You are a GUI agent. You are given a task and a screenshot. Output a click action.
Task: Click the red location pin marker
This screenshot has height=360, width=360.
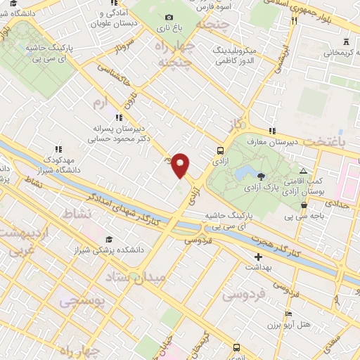pos(181,165)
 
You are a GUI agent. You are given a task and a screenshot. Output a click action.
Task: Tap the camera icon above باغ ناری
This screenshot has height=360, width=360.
pos(168,18)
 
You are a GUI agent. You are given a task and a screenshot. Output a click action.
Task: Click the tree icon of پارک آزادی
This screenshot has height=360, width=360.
pos(262,176)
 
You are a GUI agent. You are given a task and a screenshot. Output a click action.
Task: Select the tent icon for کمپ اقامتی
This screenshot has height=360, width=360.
pos(303,172)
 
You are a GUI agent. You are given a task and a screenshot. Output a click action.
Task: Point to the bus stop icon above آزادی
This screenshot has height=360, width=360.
pos(221,150)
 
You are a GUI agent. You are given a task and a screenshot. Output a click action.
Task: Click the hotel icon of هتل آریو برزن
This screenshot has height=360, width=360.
pos(288,314)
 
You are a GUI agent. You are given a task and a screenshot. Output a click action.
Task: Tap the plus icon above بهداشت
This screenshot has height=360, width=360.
pos(259,257)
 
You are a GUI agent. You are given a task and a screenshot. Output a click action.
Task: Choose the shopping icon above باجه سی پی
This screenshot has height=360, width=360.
pos(304,205)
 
